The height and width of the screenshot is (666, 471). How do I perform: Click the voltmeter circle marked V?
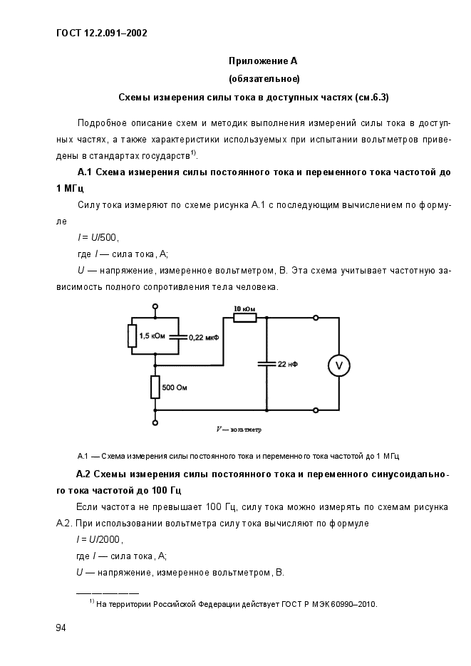tap(339, 365)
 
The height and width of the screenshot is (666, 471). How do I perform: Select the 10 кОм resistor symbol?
tap(244, 318)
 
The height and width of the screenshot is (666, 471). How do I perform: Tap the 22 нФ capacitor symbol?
tap(266, 363)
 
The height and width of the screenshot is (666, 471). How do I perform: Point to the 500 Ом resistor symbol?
tap(155, 387)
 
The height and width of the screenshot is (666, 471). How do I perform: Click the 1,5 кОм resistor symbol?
tap(132, 335)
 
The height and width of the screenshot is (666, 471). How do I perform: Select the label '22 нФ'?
tap(288, 364)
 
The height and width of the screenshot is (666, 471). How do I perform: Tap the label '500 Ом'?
tap(177, 388)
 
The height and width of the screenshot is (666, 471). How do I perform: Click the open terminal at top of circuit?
tap(155, 306)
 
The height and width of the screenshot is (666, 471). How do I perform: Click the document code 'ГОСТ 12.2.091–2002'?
tap(101, 33)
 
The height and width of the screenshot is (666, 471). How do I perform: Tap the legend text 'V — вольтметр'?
tap(239, 430)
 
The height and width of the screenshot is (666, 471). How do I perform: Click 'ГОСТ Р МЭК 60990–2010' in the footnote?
tap(327, 605)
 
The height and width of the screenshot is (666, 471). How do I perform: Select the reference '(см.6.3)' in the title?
tap(375, 96)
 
